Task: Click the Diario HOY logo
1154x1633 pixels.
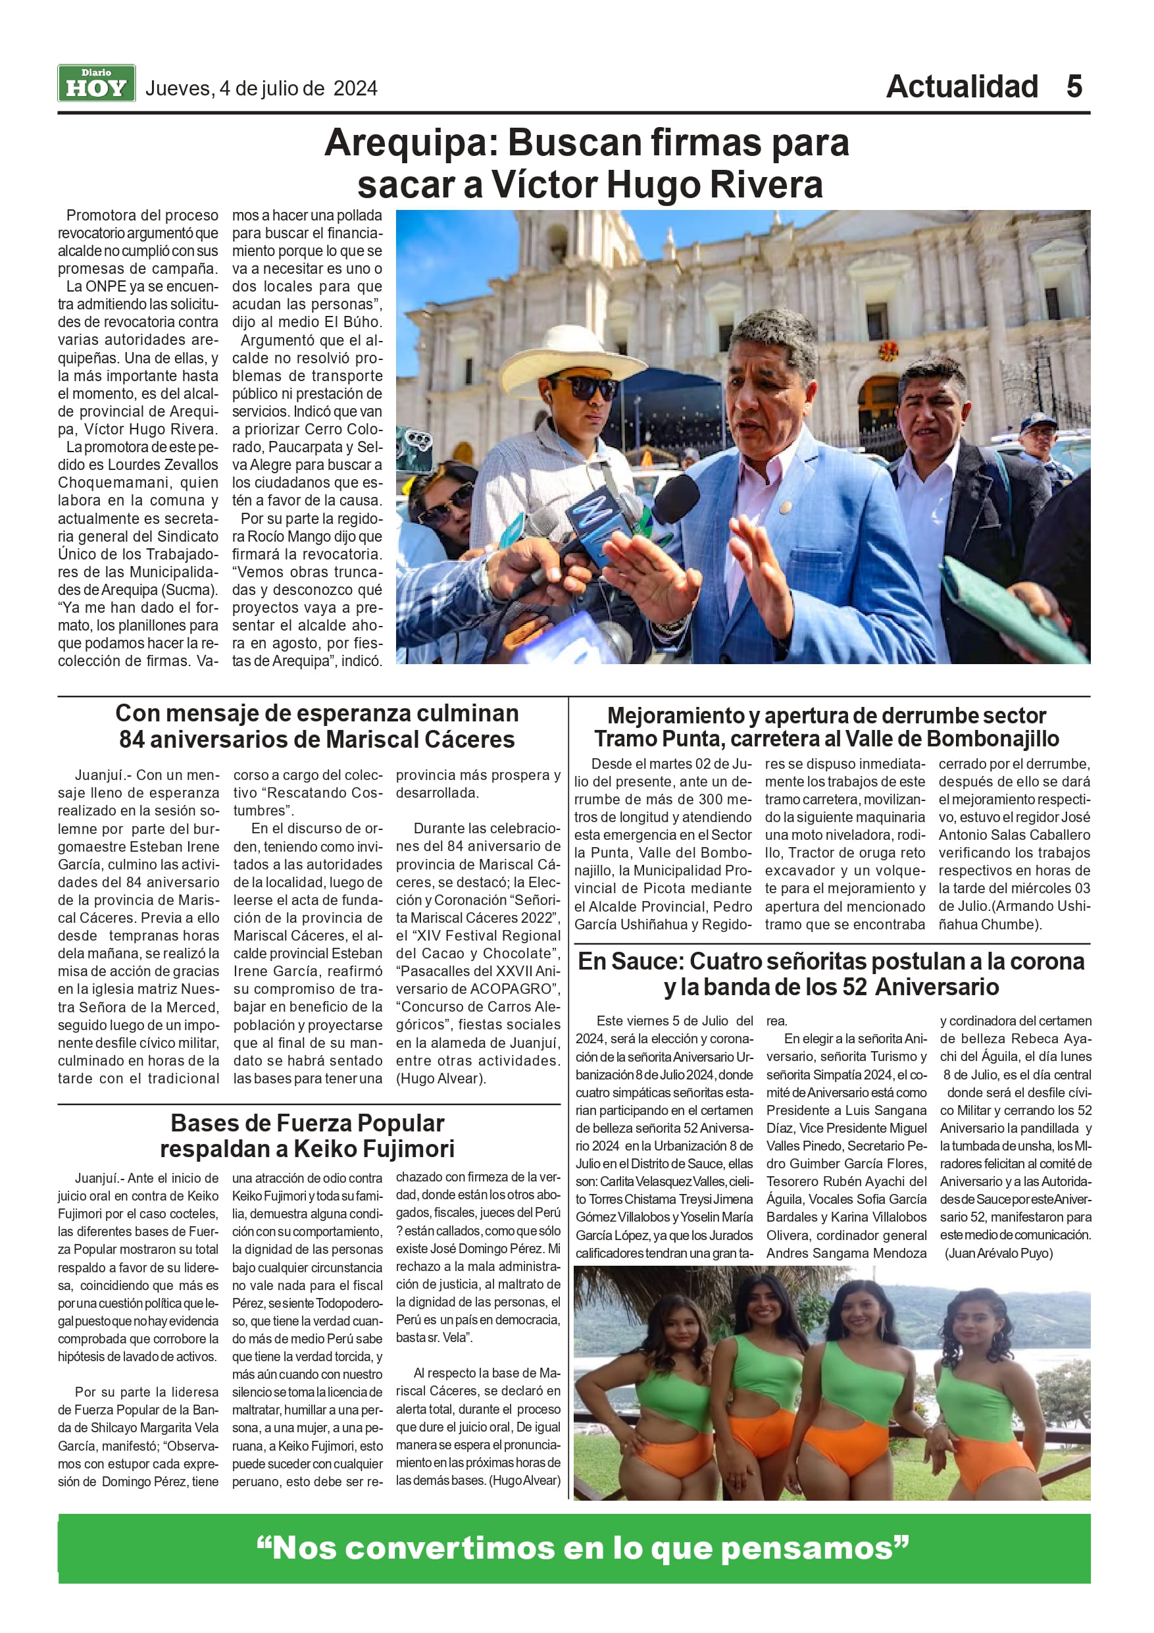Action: [96, 84]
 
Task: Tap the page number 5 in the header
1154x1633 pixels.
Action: [1074, 87]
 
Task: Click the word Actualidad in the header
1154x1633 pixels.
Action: [961, 87]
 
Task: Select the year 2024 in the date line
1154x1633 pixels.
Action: [355, 89]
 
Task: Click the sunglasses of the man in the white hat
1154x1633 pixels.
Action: [584, 388]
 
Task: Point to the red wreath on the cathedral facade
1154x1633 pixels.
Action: [888, 350]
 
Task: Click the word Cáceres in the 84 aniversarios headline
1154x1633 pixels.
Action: [469, 740]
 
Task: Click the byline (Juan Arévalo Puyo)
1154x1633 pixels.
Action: [998, 1254]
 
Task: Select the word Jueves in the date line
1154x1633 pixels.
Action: [177, 89]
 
